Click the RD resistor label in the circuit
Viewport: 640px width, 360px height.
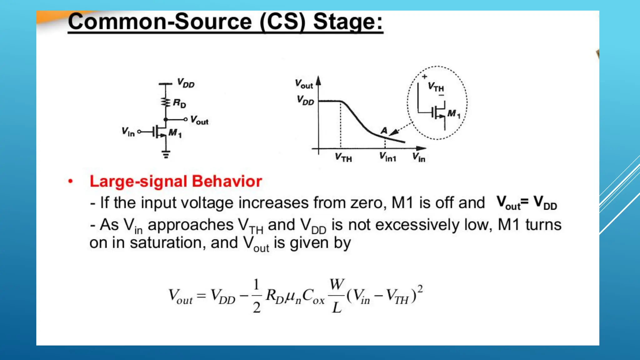click(x=180, y=103)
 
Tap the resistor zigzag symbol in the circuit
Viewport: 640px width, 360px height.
click(x=165, y=102)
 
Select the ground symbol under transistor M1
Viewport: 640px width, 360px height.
click(x=166, y=154)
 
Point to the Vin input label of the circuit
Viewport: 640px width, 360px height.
click(x=128, y=132)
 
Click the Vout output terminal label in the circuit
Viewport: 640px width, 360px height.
click(x=199, y=120)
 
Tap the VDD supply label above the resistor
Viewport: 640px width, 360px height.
click(x=186, y=83)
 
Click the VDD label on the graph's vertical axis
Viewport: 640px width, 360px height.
click(x=305, y=101)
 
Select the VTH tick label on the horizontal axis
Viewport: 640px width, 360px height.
click(x=343, y=157)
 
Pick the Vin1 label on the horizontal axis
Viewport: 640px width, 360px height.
click(x=388, y=157)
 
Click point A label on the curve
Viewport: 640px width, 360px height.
click(x=384, y=130)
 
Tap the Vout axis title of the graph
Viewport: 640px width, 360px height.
click(x=304, y=84)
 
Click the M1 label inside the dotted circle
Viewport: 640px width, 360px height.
click(x=454, y=114)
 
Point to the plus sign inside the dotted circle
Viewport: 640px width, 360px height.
click(x=424, y=77)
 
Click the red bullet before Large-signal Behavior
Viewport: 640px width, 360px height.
click(x=71, y=181)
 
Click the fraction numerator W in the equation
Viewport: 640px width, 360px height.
click(x=337, y=284)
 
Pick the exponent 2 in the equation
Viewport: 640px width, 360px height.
click(x=420, y=289)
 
